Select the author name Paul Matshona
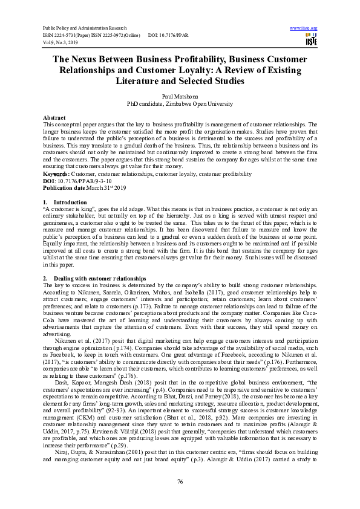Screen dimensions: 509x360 click(180, 96)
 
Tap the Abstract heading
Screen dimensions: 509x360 click(54, 117)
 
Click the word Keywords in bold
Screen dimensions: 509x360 click(56, 173)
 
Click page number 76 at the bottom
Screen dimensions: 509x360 click(180, 481)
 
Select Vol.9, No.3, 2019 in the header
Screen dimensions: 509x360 click(59, 42)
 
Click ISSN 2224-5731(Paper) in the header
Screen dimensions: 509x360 click(68, 36)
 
